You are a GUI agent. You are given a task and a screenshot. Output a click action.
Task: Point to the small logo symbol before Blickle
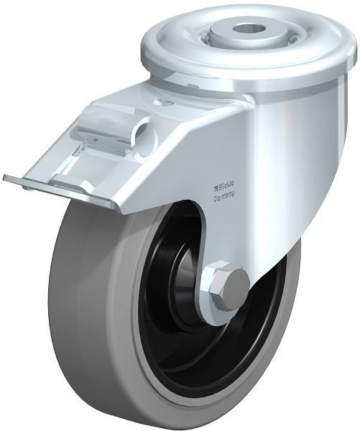point(216,187)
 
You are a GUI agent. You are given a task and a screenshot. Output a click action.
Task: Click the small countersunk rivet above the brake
point(165,103)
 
